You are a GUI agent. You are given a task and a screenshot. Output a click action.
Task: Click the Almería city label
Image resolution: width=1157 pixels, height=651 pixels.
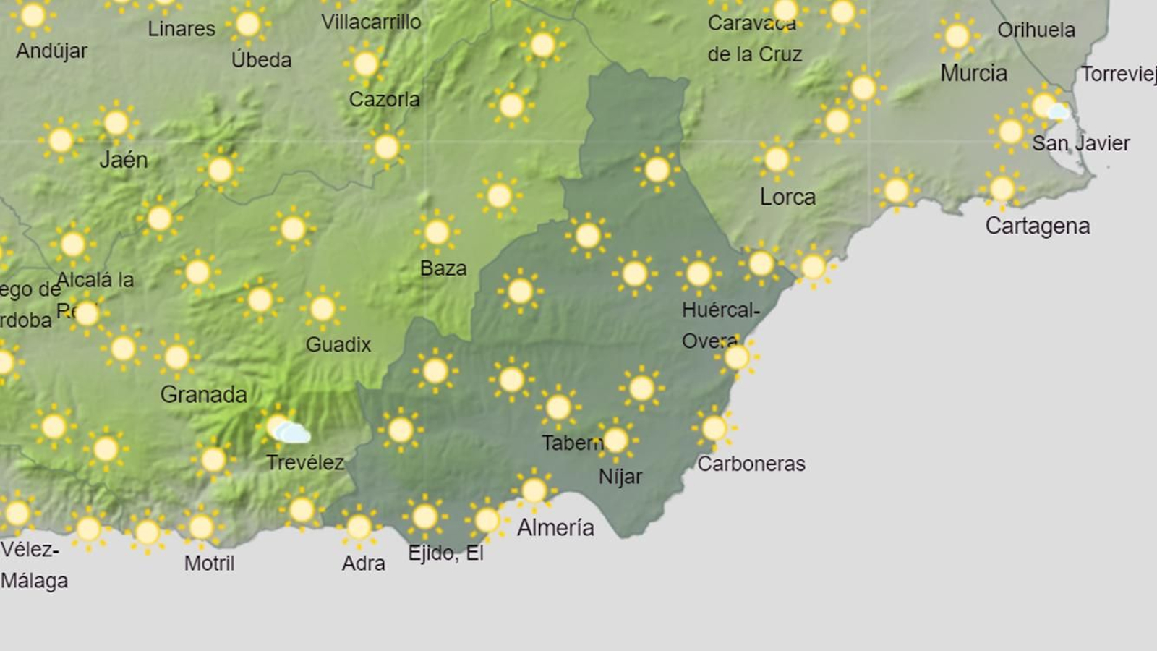(x=555, y=527)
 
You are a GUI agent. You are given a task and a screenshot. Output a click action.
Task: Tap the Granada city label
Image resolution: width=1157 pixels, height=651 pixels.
(x=203, y=394)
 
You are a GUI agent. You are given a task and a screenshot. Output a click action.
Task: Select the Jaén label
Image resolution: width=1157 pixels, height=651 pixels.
(x=123, y=159)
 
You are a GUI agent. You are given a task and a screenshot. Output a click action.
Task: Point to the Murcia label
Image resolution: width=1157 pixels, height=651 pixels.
(x=973, y=73)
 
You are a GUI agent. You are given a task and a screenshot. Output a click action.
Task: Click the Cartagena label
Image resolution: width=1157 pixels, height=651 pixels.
(x=1037, y=226)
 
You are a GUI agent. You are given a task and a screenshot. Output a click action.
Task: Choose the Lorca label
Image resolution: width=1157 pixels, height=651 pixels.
(x=787, y=197)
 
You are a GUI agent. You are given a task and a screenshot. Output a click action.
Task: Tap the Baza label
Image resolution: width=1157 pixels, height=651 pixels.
(x=443, y=268)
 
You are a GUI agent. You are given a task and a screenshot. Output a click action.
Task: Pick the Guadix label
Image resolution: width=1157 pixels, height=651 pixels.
(x=338, y=344)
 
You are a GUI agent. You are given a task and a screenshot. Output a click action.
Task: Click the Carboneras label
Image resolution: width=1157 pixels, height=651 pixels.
(x=751, y=464)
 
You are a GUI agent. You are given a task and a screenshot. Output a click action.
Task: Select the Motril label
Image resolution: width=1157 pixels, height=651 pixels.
(x=209, y=563)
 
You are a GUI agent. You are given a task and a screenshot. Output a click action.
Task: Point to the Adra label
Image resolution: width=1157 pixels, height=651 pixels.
(x=363, y=563)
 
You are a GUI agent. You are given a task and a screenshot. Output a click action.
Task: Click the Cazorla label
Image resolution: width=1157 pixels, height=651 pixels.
(x=384, y=99)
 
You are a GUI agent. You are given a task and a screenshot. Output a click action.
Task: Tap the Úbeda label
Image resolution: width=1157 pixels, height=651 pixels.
(x=261, y=60)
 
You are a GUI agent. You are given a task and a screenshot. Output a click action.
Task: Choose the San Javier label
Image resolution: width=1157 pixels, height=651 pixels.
(x=1080, y=143)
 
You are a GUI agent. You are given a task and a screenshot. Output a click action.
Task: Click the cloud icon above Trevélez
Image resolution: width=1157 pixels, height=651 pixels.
(x=293, y=433)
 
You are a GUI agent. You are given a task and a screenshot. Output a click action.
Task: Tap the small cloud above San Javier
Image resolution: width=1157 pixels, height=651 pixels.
(x=1058, y=111)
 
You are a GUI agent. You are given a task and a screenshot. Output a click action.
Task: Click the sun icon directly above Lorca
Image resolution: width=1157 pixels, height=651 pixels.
(x=776, y=159)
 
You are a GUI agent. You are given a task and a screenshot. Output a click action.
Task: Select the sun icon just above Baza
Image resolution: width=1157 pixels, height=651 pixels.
(x=437, y=232)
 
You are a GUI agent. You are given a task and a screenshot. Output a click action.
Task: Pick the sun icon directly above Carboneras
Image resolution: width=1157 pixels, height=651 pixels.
(x=714, y=427)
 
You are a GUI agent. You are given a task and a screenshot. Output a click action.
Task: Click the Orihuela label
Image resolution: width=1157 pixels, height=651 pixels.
(x=1036, y=30)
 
